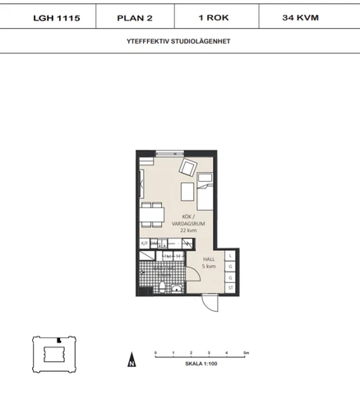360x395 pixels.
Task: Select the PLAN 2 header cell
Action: (133, 16)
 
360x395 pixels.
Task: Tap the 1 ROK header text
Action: (213, 16)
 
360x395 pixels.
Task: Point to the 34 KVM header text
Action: (301, 16)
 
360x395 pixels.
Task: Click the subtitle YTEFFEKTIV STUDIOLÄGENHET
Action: (180, 39)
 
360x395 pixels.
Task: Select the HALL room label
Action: (210, 262)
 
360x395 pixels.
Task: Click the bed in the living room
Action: (205, 193)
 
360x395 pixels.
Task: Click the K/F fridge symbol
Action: (144, 244)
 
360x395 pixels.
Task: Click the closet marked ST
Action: (231, 287)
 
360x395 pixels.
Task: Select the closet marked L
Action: (231, 255)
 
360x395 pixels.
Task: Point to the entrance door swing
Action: (211, 301)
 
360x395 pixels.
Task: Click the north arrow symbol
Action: (131, 359)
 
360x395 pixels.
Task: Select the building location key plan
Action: (51, 354)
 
